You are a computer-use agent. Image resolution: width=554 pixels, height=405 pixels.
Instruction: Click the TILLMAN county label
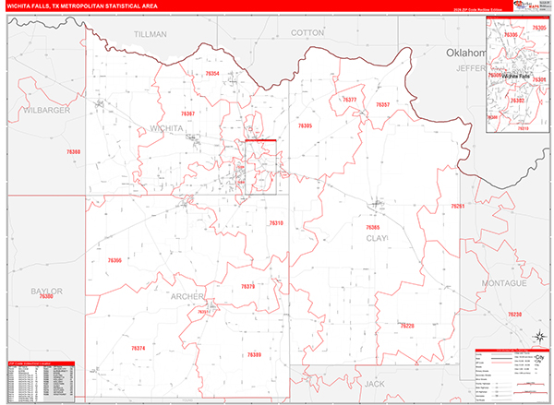tap(151, 33)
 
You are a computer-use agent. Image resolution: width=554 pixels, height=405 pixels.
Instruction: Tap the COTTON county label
tap(307, 32)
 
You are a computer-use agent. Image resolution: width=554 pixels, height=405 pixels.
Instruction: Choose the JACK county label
tap(373, 382)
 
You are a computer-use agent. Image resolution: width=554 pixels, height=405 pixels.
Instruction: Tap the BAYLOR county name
tap(46, 291)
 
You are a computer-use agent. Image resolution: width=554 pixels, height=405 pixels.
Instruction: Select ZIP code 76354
tap(212, 73)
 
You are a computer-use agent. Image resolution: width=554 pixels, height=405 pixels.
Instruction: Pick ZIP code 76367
tap(187, 113)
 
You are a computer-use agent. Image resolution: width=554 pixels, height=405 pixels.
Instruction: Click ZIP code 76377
tap(349, 99)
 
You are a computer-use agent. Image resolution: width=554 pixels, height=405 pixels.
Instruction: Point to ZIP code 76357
tap(382, 105)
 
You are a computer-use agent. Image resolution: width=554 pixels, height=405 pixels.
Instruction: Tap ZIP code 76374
tap(138, 348)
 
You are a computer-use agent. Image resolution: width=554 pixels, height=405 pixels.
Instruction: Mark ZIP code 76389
tap(254, 355)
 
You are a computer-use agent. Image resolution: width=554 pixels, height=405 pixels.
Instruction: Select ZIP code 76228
tap(407, 325)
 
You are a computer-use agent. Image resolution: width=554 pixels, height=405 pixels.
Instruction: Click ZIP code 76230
tap(514, 315)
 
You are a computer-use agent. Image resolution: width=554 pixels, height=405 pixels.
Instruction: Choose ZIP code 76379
tap(247, 286)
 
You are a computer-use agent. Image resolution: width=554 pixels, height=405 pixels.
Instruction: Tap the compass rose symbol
tap(537, 355)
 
